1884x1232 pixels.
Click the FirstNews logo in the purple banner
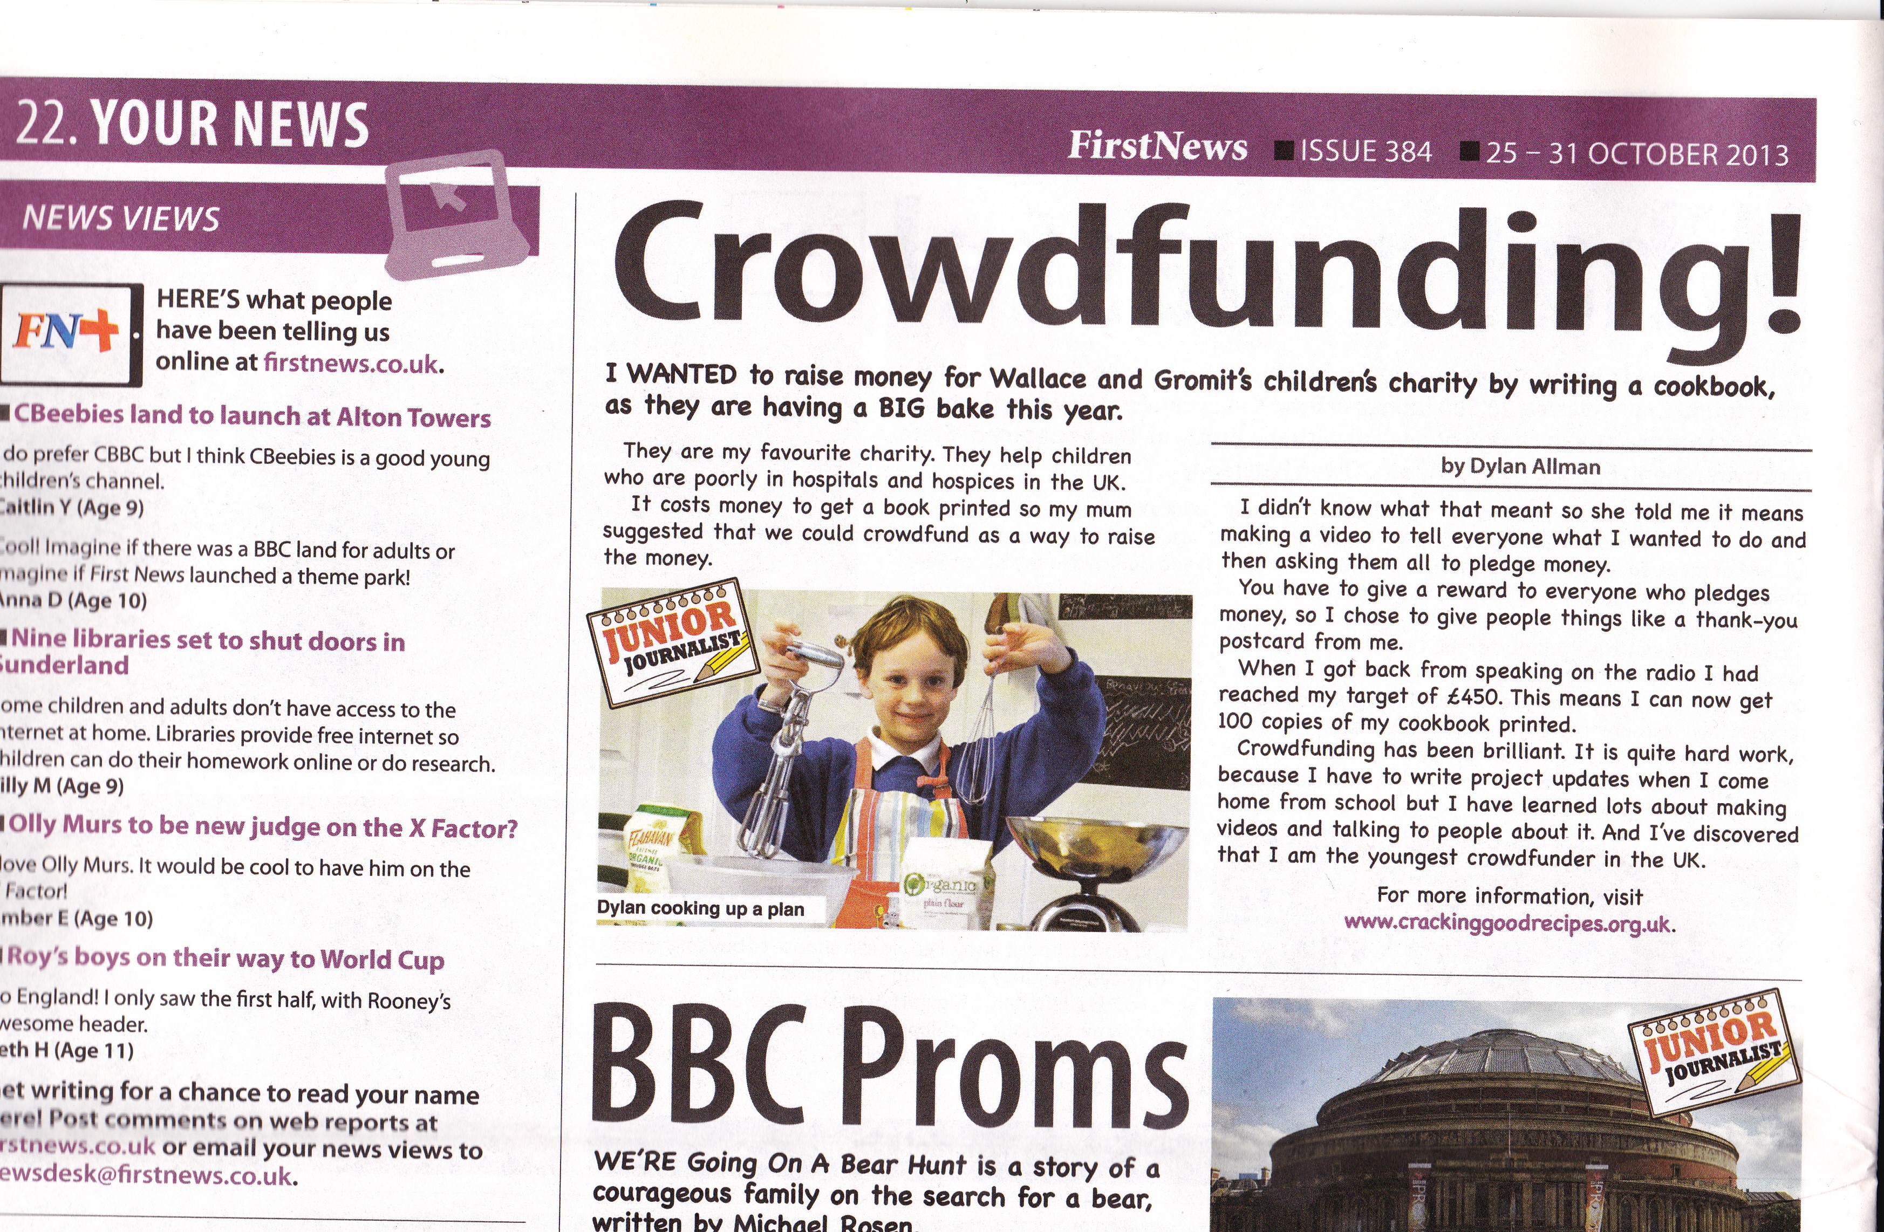pyautogui.click(x=1157, y=146)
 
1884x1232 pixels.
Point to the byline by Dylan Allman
pyautogui.click(x=1520, y=467)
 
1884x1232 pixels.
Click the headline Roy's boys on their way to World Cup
pyautogui.click(x=226, y=958)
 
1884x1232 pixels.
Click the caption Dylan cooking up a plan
pyautogui.click(x=700, y=908)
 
